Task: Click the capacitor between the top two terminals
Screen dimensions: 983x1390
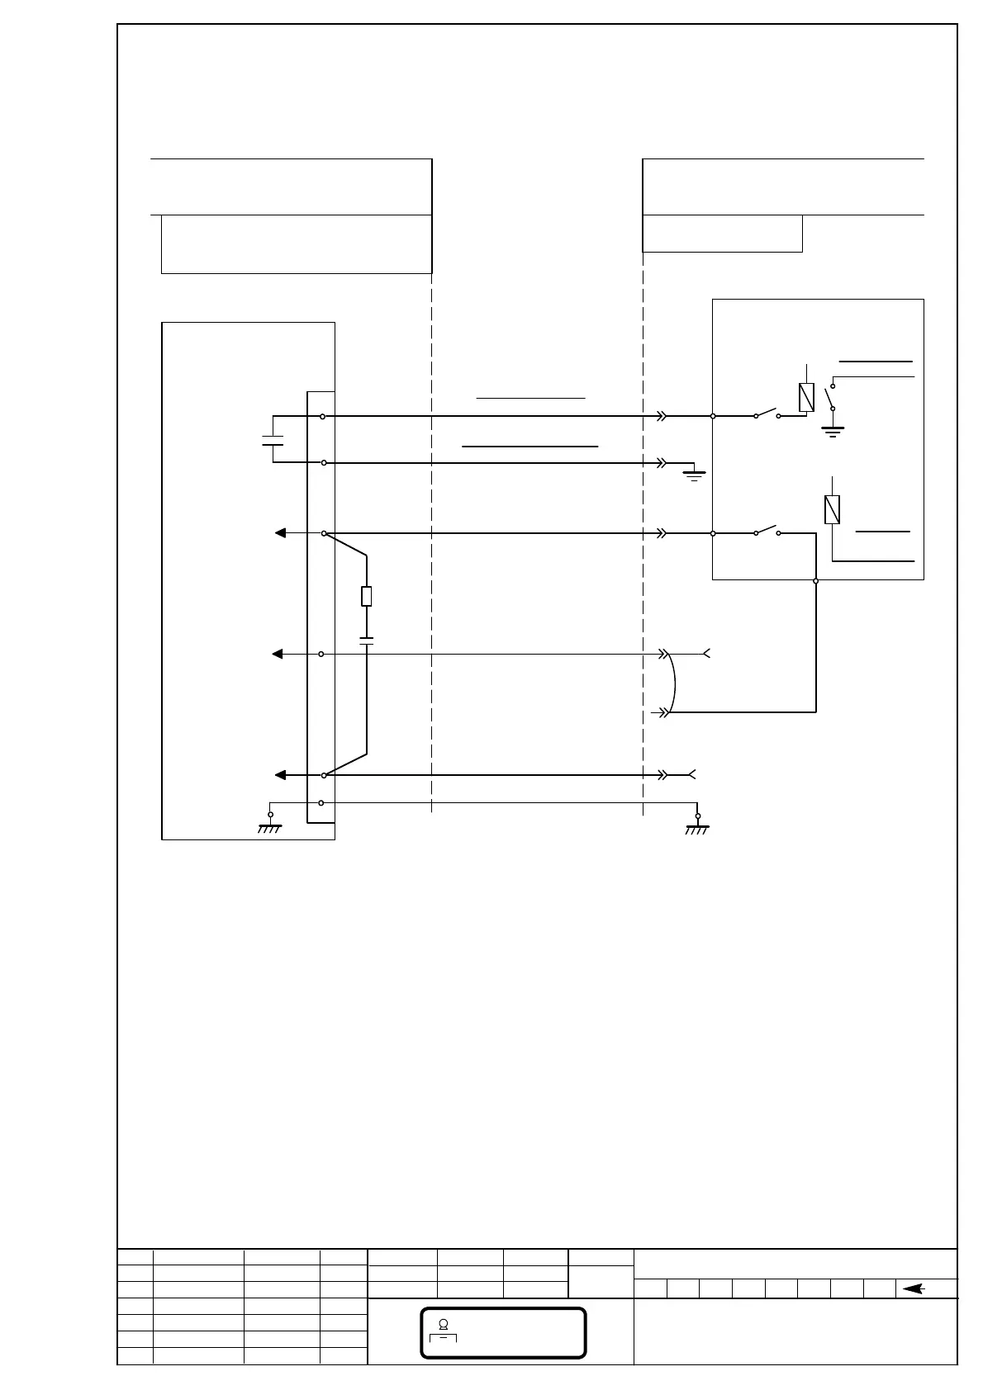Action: (x=273, y=439)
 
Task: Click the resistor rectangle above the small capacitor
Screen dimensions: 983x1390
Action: (x=367, y=596)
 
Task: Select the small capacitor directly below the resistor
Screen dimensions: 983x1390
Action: (x=367, y=640)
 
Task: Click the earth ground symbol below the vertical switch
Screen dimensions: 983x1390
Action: (x=833, y=430)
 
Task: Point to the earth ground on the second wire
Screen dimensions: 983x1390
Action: (x=695, y=473)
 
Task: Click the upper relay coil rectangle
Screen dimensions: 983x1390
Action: (x=807, y=398)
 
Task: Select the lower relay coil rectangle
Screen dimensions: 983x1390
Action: (x=833, y=509)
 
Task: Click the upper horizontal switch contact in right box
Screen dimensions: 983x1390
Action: (x=767, y=414)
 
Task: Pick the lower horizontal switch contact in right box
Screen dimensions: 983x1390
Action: (x=767, y=530)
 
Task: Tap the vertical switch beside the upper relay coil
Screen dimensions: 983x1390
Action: (x=831, y=397)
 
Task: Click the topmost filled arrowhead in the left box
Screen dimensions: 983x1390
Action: (x=281, y=533)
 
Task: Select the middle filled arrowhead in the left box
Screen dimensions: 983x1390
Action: (x=278, y=654)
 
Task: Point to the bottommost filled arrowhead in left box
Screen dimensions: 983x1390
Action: (x=280, y=775)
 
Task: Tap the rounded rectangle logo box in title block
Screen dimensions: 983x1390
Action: (x=503, y=1332)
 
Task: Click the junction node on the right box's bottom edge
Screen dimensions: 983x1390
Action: (x=816, y=580)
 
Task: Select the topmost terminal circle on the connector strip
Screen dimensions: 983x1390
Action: (x=321, y=417)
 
